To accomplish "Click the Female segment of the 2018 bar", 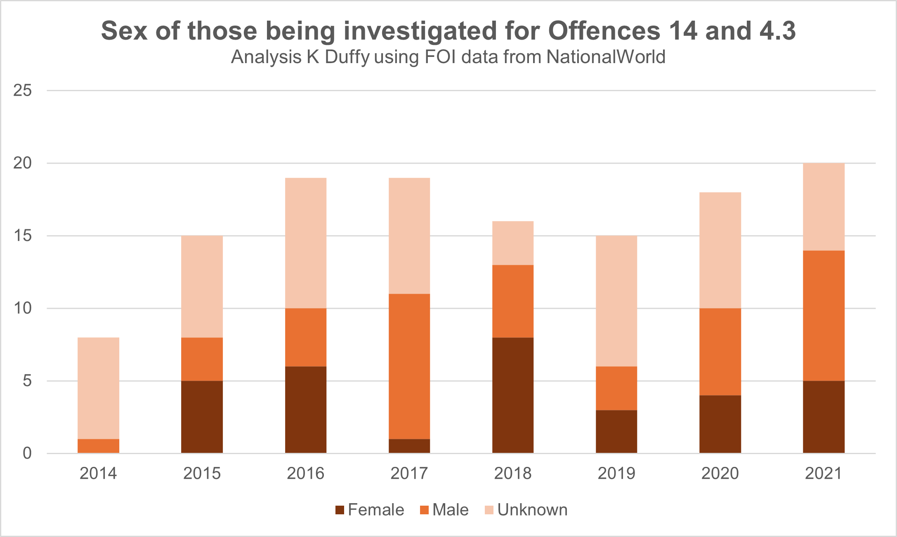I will point(513,395).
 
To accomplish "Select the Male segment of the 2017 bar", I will point(409,366).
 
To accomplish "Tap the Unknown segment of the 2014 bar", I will point(99,388).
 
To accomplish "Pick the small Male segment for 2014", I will point(99,446).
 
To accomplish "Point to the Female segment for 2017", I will point(409,446).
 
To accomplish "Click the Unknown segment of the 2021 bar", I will point(824,207).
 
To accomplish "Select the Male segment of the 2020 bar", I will point(720,352).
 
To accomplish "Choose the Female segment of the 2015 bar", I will point(202,417).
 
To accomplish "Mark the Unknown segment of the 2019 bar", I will point(616,301).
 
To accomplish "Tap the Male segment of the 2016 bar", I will point(306,337).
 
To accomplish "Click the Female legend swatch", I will point(340,510).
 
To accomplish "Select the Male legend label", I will point(451,510).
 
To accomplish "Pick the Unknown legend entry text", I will point(532,510).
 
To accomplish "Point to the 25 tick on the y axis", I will point(22,90).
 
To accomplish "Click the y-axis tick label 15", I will point(22,236).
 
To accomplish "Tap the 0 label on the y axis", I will point(27,453).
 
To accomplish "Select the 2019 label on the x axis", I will point(616,473).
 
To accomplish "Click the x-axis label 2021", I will point(824,473).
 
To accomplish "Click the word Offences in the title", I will point(604,31).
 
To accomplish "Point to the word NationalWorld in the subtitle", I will point(606,57).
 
